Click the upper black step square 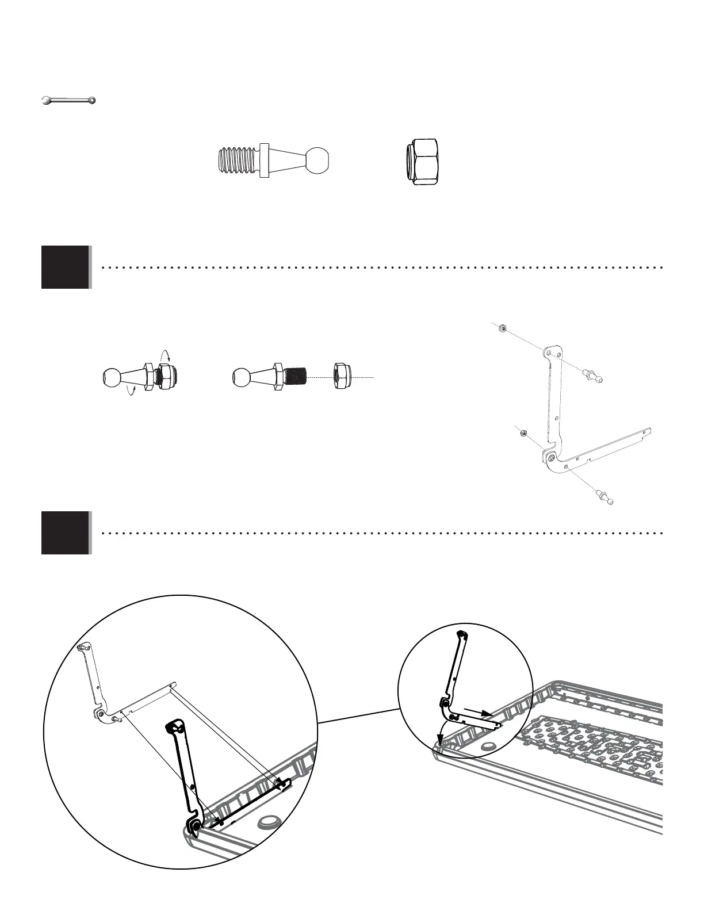(x=66, y=267)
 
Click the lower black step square (x=66, y=533)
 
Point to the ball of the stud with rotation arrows (x=112, y=377)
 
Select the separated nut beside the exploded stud (x=345, y=377)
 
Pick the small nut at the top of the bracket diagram (x=502, y=329)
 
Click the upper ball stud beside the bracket (x=593, y=375)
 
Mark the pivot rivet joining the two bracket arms (x=552, y=458)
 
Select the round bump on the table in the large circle (x=269, y=820)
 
